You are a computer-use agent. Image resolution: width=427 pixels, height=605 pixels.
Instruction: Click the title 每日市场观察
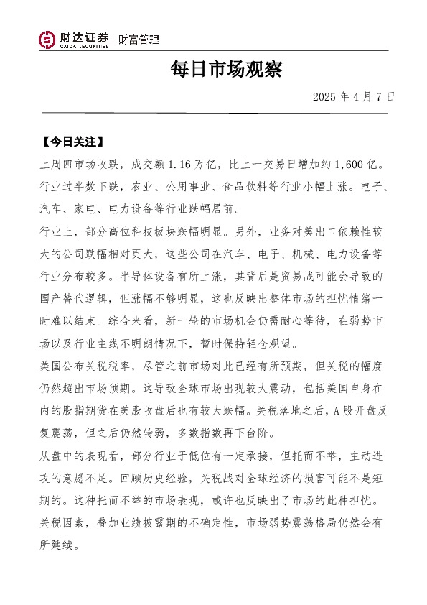coord(227,69)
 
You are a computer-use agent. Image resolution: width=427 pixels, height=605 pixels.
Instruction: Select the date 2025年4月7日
coord(354,96)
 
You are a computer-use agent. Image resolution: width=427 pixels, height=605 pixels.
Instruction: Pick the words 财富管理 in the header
coord(139,40)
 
